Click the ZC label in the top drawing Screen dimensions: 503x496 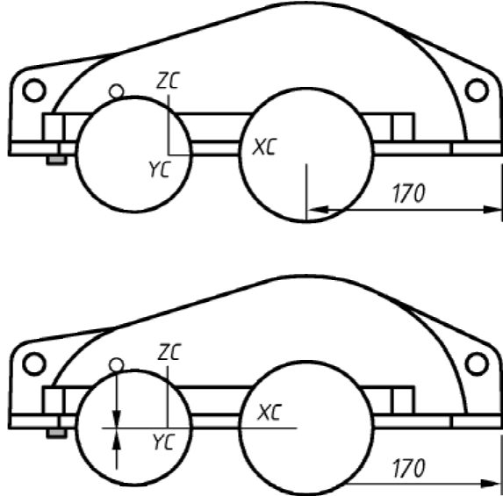[168, 80]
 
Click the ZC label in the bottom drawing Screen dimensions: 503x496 [169, 352]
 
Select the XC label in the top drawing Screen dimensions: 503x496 [264, 147]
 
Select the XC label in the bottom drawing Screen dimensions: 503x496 [269, 413]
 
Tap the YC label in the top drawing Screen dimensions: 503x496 [160, 169]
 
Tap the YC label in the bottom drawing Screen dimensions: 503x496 [164, 442]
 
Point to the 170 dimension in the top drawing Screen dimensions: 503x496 [409, 193]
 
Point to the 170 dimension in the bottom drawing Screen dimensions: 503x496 [409, 468]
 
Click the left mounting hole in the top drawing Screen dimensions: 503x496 [34, 90]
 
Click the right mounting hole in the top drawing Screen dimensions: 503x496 [477, 90]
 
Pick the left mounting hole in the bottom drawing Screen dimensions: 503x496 [34, 364]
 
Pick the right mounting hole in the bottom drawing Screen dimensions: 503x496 [477, 364]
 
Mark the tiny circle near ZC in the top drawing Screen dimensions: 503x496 [116, 91]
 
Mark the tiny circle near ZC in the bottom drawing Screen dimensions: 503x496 [116, 365]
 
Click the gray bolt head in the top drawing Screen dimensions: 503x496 [57, 160]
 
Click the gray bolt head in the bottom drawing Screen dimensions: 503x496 [57, 434]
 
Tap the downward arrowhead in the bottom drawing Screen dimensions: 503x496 [117, 419]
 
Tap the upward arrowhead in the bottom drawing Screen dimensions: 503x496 [117, 437]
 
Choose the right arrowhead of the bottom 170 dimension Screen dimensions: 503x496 [492, 483]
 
